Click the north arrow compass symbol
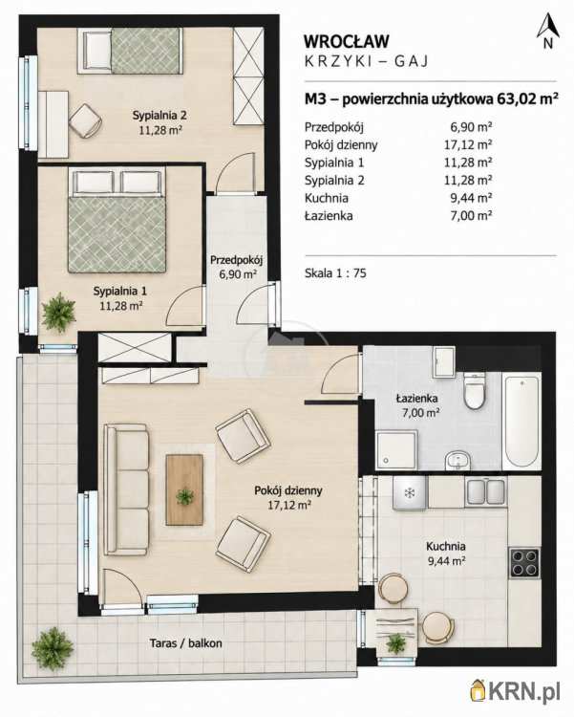coord(548,31)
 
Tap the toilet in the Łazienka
coord(474,390)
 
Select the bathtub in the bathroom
coord(521,421)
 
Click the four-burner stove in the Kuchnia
coord(524,562)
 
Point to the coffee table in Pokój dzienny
coord(184,489)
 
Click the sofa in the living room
coord(127,489)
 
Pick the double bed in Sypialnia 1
coord(117,221)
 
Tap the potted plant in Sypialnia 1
coord(58,313)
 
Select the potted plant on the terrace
coord(53,648)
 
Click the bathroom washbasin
coord(457,460)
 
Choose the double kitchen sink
coord(486,491)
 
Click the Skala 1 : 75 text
coord(335,273)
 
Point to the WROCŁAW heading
coord(347,41)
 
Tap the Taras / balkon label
coord(186,643)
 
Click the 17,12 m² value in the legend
coord(468,145)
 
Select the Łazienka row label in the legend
coord(329,215)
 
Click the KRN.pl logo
coord(516,692)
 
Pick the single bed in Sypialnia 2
coord(130,51)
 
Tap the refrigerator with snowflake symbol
coord(410,492)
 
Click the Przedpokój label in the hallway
coord(237,260)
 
